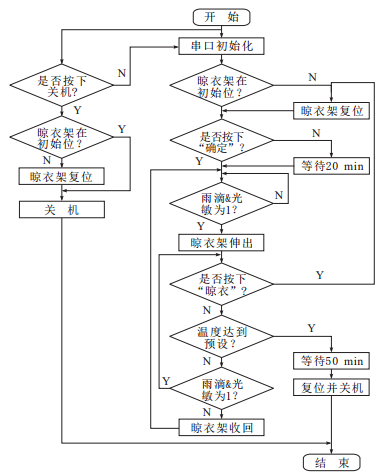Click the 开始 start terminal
221,16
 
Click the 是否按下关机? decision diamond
62,87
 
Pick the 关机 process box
62,210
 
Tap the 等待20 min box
330,164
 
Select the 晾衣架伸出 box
221,242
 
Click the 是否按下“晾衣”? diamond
221,284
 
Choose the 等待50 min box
330,359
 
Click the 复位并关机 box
330,386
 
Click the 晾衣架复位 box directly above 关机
62,176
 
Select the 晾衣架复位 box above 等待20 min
330,110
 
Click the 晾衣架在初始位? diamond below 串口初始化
221,87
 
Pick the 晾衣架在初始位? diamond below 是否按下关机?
62,137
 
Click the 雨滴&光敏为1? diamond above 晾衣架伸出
221,200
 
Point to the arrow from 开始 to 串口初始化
221,31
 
